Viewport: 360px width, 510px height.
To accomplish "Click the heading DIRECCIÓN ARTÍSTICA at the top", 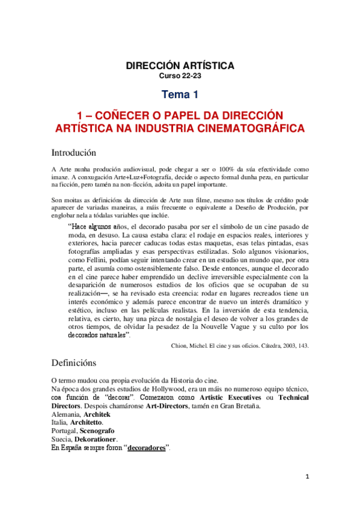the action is point(180,65).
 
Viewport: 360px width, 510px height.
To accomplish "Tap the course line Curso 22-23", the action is point(180,76).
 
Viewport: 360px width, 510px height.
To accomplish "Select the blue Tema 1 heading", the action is point(180,94).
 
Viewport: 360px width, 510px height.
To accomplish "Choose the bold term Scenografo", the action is point(97,431).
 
